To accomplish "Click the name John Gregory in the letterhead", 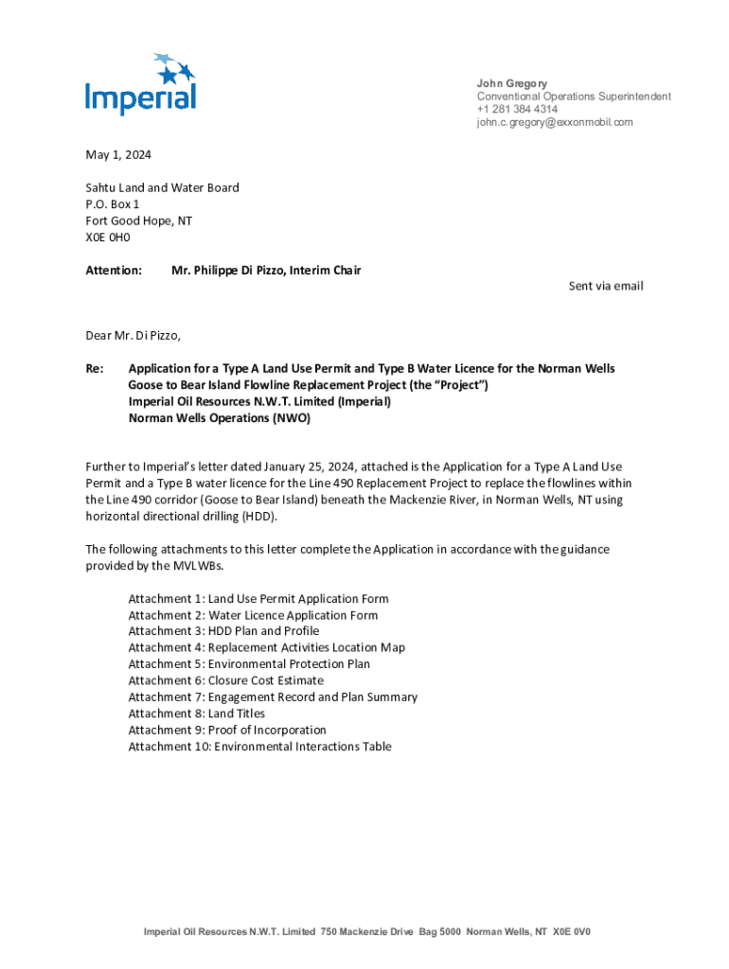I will coord(512,83).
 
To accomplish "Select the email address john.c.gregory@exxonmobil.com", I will coord(555,122).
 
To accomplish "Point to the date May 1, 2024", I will coord(118,154).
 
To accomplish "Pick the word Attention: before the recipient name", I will coord(114,271).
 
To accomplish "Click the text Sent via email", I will coord(605,286).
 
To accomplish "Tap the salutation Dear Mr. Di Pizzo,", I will coord(133,335).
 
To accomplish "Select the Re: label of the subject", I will coord(95,368).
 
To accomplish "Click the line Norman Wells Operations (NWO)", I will coord(219,417).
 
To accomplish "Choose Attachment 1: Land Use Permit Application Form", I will coord(258,599).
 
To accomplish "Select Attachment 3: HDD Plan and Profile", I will coord(223,631).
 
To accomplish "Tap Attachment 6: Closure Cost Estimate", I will coord(225,680).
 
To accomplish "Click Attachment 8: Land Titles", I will coord(196,714).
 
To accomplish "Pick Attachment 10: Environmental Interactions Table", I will coord(259,747).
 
